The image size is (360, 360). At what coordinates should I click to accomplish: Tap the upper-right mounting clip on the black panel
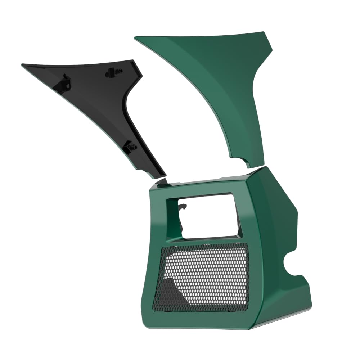(114, 73)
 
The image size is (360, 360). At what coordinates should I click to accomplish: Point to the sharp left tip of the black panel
(23, 65)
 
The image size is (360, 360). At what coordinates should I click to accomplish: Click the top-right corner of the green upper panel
(266, 33)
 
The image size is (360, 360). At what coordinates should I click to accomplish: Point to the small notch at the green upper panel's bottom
(248, 165)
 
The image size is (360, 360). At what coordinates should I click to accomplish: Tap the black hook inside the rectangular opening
(183, 207)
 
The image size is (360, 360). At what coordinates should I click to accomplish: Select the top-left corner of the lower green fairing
(153, 187)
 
